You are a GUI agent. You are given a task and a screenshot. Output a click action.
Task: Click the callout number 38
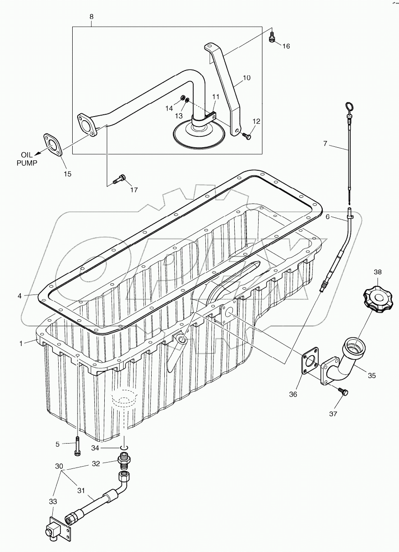click(378, 272)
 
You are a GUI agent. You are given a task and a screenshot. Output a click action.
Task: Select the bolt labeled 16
click(272, 37)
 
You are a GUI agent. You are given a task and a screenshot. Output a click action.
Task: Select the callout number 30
click(59, 466)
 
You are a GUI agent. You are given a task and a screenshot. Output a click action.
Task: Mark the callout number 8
click(91, 17)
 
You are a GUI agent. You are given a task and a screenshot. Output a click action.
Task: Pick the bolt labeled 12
click(246, 135)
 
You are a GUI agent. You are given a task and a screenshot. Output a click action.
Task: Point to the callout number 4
click(19, 296)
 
